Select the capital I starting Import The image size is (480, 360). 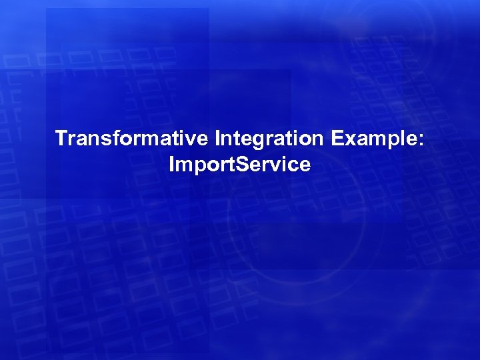172,164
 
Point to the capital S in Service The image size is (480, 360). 234,164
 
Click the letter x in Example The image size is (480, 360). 349,141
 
